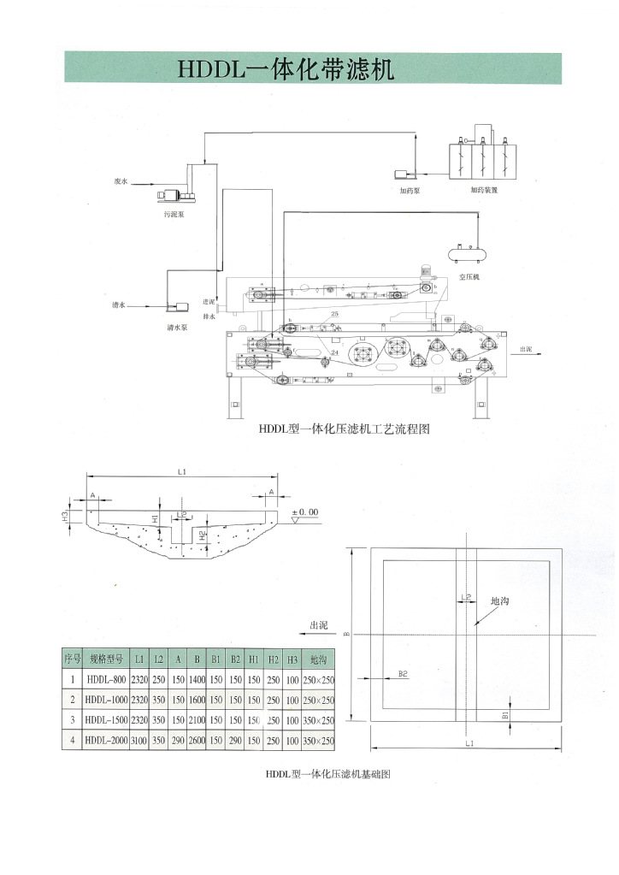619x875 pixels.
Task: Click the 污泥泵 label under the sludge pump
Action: pyautogui.click(x=174, y=215)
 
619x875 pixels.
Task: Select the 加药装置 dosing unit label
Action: pyautogui.click(x=484, y=190)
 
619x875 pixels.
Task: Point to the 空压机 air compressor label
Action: pyautogui.click(x=470, y=277)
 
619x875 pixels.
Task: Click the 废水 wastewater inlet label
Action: pyautogui.click(x=121, y=181)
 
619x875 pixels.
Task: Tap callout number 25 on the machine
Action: pyautogui.click(x=334, y=316)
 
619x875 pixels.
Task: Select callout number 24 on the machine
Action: pyautogui.click(x=333, y=352)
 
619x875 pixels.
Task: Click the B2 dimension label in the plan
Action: pyautogui.click(x=404, y=674)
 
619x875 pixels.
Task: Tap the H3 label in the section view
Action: pyautogui.click(x=76, y=516)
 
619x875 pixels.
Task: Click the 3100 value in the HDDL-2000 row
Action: pyautogui.click(x=139, y=742)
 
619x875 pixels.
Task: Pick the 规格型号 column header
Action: pyautogui.click(x=106, y=659)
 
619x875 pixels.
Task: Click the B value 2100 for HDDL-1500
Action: pyautogui.click(x=197, y=721)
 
